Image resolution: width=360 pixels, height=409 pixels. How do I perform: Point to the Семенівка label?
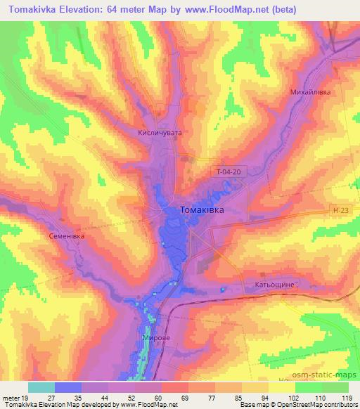[66, 236]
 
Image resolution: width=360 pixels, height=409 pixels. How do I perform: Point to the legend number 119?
[347, 397]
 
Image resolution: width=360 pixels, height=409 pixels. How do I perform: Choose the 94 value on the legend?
[268, 397]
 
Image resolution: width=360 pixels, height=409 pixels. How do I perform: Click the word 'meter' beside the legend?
[12, 397]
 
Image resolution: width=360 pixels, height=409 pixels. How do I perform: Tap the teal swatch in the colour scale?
[41, 387]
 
